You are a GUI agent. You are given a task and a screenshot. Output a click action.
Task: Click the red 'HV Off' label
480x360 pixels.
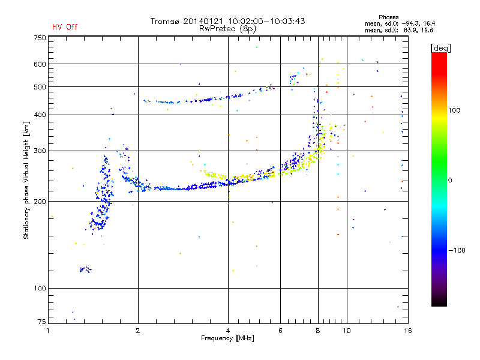[x=64, y=27]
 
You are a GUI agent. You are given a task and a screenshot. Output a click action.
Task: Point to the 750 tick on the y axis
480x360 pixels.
[x=40, y=38]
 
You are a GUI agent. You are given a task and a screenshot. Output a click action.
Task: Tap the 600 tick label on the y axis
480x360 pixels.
[x=40, y=64]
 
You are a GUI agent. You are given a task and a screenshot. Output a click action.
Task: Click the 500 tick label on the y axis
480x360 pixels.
[x=40, y=87]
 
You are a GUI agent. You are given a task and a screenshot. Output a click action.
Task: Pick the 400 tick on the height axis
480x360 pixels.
[x=40, y=115]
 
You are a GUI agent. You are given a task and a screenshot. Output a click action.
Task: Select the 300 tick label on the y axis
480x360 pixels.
[x=40, y=151]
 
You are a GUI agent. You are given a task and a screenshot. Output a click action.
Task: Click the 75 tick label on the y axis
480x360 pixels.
[x=41, y=323]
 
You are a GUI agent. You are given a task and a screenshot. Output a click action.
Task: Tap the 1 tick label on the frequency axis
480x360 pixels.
[x=48, y=331]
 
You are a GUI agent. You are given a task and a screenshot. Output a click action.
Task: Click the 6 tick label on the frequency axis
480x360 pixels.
[x=281, y=331]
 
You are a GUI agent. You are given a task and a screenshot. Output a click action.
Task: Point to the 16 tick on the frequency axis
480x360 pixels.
[x=407, y=331]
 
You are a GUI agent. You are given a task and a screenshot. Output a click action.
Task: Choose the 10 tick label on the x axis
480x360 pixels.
[x=346, y=331]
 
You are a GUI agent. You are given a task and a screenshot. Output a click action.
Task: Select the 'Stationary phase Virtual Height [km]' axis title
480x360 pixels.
[x=26, y=180]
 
